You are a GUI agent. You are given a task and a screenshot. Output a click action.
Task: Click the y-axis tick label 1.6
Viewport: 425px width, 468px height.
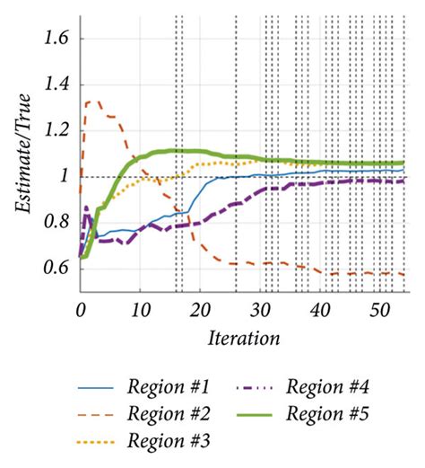[x=54, y=39]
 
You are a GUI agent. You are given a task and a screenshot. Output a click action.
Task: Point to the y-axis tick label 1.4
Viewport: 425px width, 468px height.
[x=54, y=84]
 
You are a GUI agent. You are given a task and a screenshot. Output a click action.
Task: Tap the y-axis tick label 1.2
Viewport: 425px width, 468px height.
[x=54, y=130]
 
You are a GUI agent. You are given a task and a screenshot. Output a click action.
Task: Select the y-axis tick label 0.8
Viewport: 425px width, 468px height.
[x=54, y=222]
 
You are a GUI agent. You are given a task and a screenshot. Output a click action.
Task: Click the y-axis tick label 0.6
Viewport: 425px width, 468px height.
[x=54, y=268]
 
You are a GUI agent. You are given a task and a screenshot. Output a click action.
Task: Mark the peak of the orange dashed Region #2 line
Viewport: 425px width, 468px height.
[x=91, y=102]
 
